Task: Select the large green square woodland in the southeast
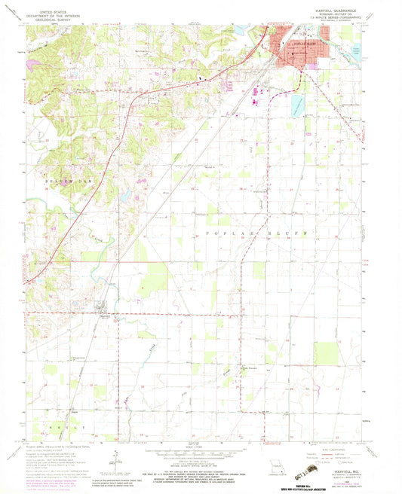pyautogui.click(x=326, y=353)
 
